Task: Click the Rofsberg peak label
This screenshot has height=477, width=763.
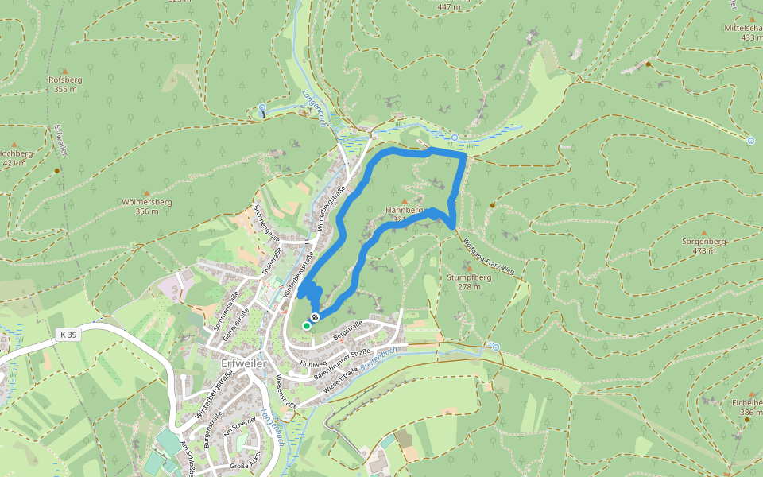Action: coord(65,79)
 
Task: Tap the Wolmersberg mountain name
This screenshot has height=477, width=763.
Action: coord(147,202)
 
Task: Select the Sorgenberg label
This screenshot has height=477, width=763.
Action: coord(704,240)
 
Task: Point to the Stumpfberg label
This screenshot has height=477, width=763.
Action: coord(469,277)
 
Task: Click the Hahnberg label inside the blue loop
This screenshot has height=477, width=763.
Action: coord(401,210)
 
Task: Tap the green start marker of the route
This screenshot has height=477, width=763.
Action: coord(307,325)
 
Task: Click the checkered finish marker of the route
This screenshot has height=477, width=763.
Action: coord(316,318)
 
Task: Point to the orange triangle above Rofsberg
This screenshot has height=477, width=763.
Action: coord(65,71)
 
